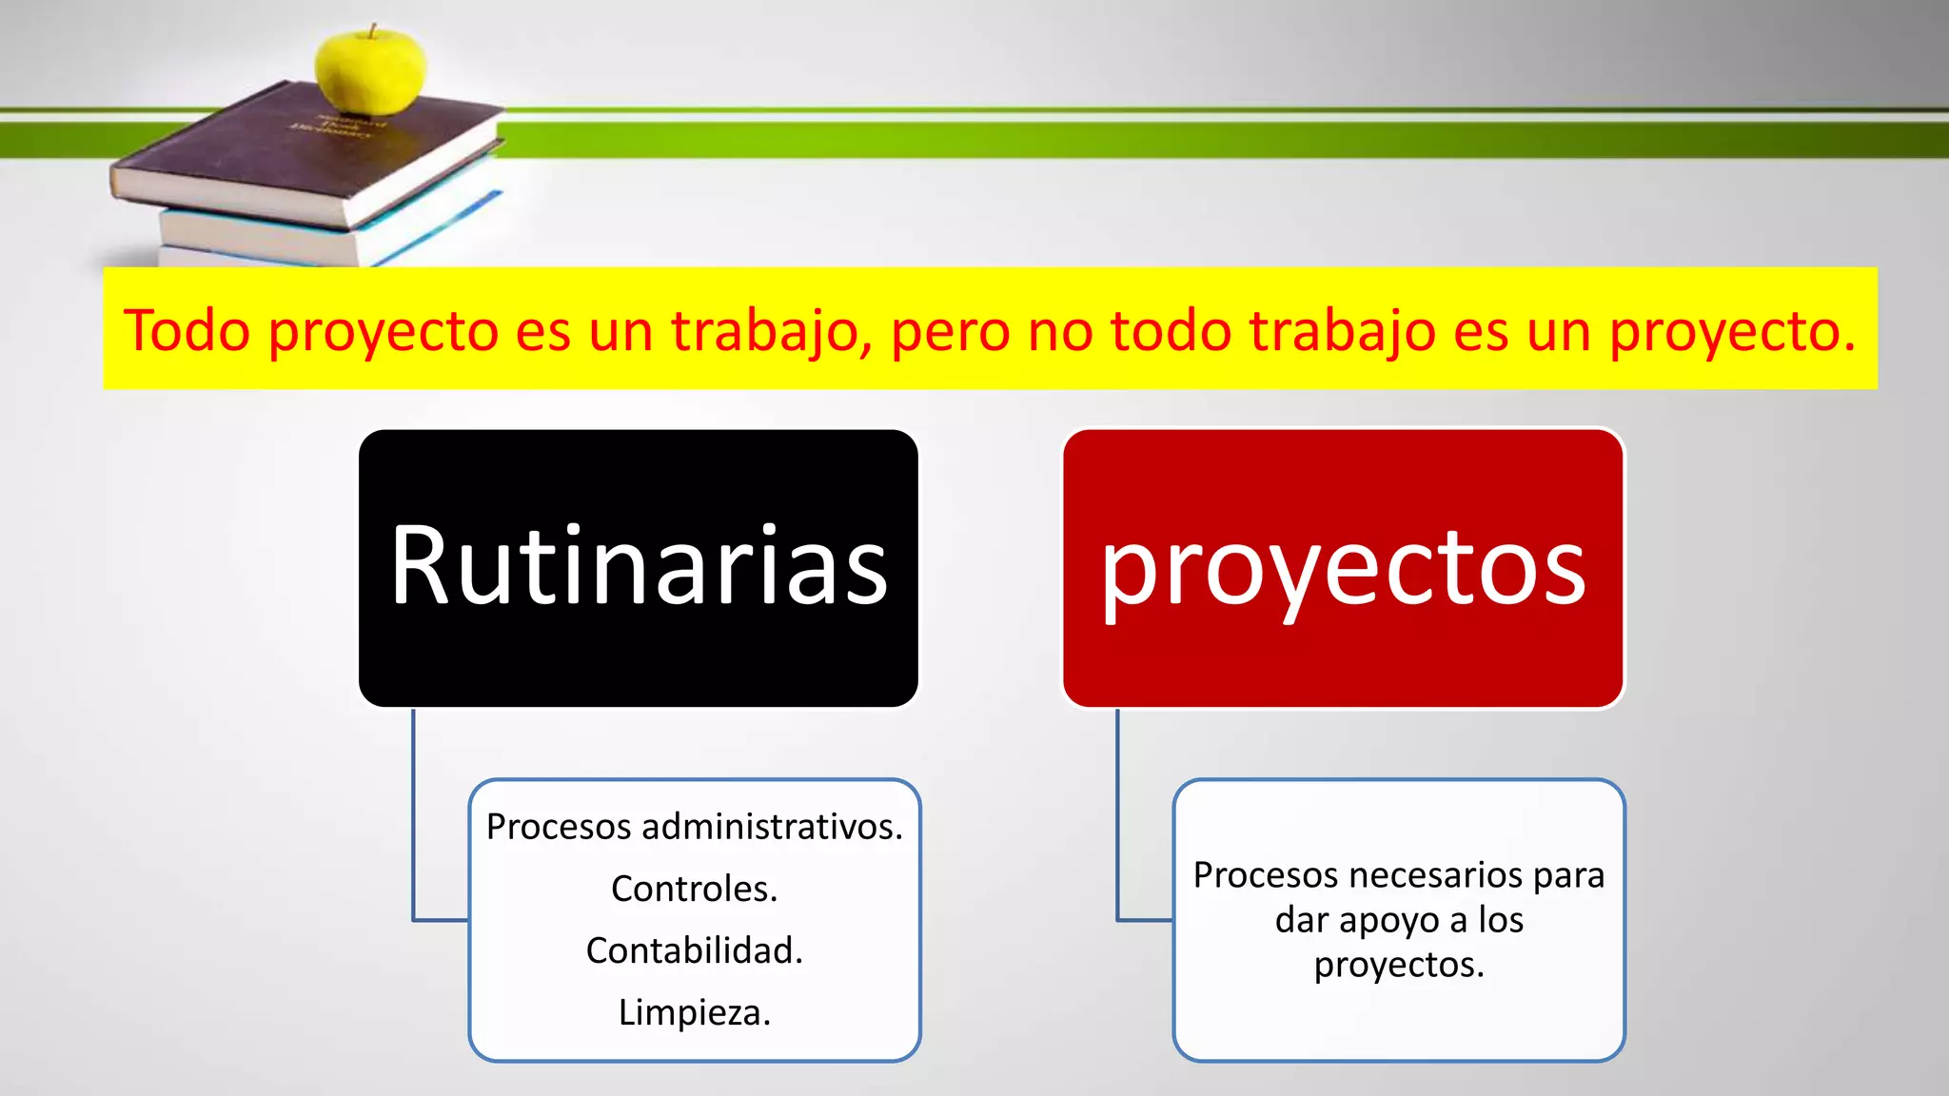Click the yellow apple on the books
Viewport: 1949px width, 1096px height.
pyautogui.click(x=370, y=71)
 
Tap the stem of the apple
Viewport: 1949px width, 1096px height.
pyautogui.click(x=373, y=30)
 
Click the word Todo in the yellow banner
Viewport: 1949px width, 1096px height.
pyautogui.click(x=187, y=331)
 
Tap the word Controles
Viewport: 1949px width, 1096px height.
pyautogui.click(x=694, y=889)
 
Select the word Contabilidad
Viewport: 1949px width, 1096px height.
pyautogui.click(x=694, y=950)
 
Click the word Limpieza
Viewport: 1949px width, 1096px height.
pyautogui.click(x=694, y=1012)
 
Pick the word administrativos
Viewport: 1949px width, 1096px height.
pyautogui.click(x=772, y=827)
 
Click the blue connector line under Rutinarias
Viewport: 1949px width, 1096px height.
pyautogui.click(x=413, y=818)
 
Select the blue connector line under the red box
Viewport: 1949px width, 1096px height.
pyautogui.click(x=1117, y=818)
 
